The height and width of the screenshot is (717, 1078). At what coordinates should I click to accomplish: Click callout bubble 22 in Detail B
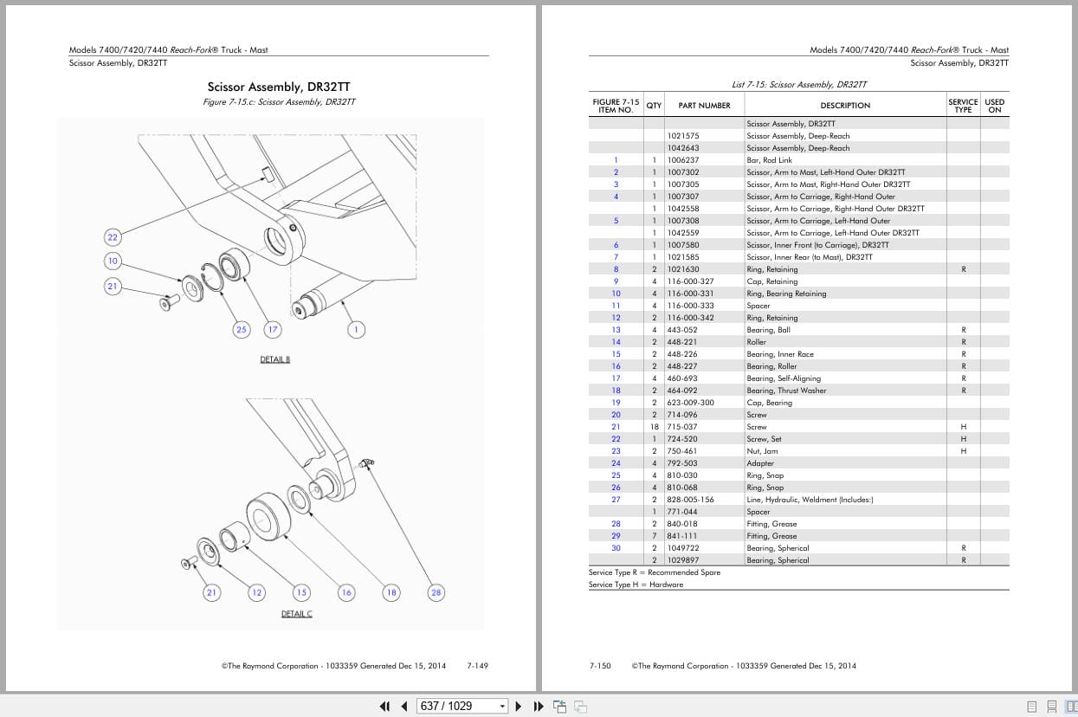(x=113, y=237)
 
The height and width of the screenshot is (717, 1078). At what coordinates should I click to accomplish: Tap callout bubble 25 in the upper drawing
(x=241, y=330)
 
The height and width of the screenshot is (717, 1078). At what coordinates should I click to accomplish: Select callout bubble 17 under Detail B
(x=273, y=330)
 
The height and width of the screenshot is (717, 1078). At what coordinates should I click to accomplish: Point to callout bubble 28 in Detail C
(x=436, y=592)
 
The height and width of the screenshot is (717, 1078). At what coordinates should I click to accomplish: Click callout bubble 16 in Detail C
(x=346, y=592)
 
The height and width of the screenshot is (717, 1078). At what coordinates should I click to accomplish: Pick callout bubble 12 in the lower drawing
(x=256, y=592)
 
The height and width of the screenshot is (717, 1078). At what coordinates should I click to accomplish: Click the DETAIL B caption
(x=274, y=359)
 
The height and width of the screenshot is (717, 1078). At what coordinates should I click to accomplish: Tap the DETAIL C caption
(x=296, y=614)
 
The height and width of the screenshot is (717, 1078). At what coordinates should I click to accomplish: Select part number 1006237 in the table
(x=683, y=160)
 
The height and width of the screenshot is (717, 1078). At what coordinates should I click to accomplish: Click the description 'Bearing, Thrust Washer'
(x=786, y=391)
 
